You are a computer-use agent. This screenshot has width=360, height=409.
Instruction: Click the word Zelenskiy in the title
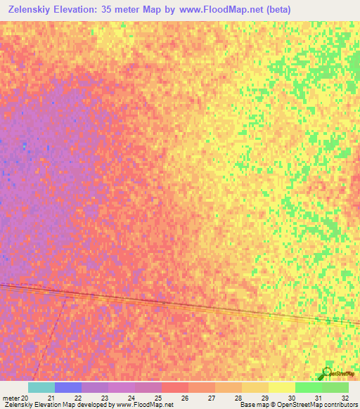(32, 9)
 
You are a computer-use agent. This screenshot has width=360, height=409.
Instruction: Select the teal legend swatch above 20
(41, 387)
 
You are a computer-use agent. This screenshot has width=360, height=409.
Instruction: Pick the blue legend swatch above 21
(68, 387)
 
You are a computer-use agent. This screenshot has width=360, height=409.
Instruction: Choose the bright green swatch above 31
(308, 387)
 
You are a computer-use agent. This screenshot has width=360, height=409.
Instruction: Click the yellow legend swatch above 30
(281, 387)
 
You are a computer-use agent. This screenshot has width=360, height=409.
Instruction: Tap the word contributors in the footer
(339, 405)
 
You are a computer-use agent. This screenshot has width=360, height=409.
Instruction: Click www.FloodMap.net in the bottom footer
(144, 405)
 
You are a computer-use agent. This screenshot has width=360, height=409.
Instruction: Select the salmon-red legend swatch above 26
(174, 387)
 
